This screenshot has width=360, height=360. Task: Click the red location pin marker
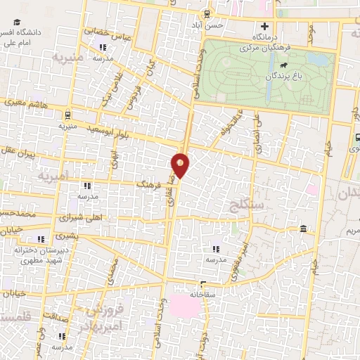pyautogui.click(x=180, y=165)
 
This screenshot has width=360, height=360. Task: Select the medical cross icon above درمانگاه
pyautogui.click(x=265, y=27)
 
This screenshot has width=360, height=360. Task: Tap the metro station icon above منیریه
pyautogui.click(x=67, y=115)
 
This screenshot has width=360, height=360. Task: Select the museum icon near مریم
pyautogui.click(x=303, y=229)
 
